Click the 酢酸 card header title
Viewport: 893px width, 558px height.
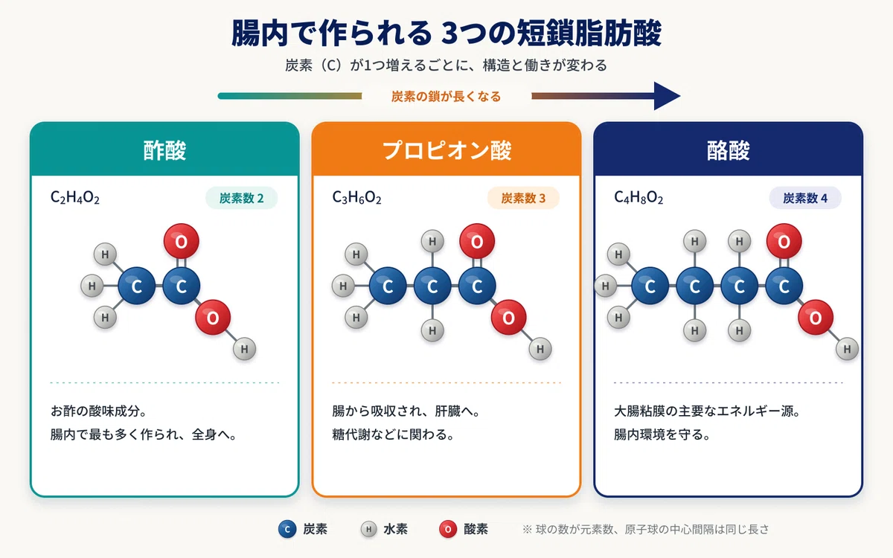[x=164, y=150]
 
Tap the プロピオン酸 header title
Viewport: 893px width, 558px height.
[x=446, y=150]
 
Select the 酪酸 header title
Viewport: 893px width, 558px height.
[x=729, y=150]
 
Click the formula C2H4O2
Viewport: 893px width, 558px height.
[x=75, y=197]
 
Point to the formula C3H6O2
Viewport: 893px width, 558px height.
[x=356, y=197]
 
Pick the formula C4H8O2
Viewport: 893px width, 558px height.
[x=638, y=197]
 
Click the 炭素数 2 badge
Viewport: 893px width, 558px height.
[x=242, y=198]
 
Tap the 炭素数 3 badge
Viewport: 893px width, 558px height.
[x=523, y=198]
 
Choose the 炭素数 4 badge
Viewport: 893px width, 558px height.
[x=805, y=198]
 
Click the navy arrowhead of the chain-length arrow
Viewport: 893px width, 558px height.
[x=666, y=96]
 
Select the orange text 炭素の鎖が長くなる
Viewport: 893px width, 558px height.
[x=446, y=97]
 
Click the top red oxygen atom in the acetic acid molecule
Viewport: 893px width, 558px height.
[x=182, y=241]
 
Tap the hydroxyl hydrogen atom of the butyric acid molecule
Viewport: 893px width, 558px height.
[x=847, y=349]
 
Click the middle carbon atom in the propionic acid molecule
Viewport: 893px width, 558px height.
[x=432, y=286]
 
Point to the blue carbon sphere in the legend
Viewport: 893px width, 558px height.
[x=287, y=529]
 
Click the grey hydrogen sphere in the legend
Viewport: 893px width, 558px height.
[x=369, y=529]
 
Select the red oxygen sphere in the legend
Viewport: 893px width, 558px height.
[x=448, y=529]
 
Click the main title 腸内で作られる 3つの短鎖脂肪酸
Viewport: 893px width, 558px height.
[x=446, y=33]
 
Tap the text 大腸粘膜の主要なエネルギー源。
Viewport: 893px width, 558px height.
[x=708, y=411]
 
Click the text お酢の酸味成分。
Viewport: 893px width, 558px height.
[x=98, y=411]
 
